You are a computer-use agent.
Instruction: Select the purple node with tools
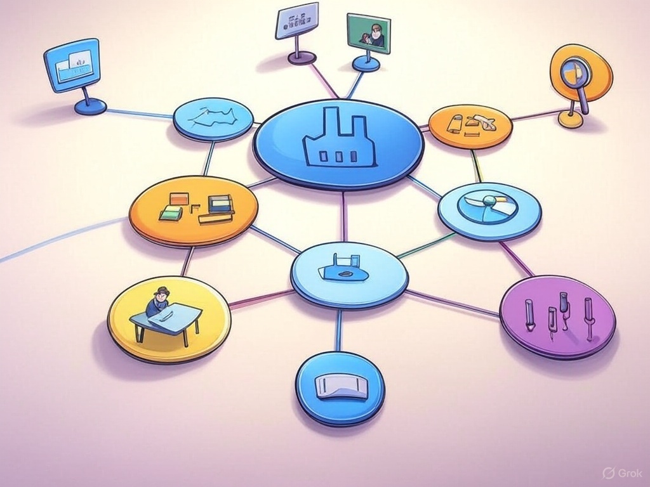557,316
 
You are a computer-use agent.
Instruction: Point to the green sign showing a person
369,34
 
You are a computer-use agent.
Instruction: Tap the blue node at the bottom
340,387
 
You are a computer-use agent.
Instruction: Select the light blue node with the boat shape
349,273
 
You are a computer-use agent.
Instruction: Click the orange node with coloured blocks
194,210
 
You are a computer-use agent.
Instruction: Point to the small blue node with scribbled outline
213,119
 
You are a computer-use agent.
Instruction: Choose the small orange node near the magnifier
470,126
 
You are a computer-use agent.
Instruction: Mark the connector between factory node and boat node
345,216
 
